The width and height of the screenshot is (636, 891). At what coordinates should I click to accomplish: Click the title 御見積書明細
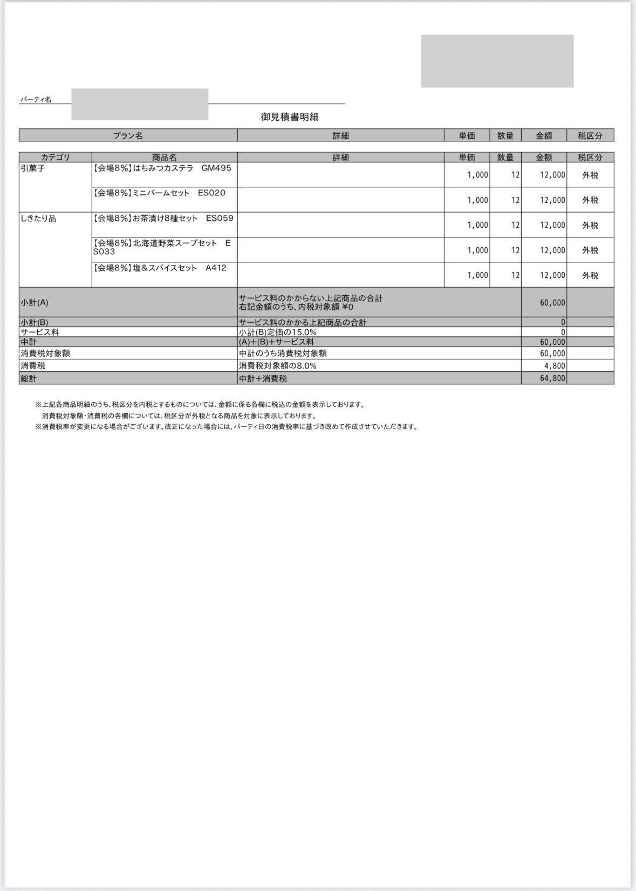[290, 117]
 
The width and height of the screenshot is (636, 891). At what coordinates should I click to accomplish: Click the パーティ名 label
[36, 100]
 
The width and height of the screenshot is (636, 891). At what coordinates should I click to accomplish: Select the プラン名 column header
[128, 135]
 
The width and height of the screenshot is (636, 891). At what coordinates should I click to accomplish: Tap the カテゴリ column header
[55, 158]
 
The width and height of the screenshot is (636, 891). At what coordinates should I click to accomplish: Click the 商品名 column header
[165, 158]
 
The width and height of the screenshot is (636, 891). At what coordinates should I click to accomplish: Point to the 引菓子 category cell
[33, 168]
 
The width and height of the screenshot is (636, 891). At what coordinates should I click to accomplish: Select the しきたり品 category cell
[38, 219]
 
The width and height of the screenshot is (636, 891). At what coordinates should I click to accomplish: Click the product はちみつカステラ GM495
[162, 168]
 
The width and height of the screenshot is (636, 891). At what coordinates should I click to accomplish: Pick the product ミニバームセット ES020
[160, 193]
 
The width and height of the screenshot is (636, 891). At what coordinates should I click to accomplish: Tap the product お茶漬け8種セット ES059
[163, 219]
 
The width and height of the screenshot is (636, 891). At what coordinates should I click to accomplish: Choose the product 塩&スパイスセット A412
[160, 268]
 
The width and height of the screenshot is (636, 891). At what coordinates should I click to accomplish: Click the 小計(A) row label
[35, 303]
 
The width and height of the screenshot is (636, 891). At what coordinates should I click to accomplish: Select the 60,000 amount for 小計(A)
[552, 303]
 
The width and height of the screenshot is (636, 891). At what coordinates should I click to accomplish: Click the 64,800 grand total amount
[552, 378]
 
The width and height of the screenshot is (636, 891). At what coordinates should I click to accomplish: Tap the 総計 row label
[29, 378]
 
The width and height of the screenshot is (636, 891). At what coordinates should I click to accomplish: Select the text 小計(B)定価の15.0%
[278, 332]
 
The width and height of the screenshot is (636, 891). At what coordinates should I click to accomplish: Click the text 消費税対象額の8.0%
[278, 366]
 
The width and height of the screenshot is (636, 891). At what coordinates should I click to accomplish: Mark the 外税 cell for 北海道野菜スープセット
[590, 250]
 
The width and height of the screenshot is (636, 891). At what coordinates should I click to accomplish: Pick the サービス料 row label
[40, 332]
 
